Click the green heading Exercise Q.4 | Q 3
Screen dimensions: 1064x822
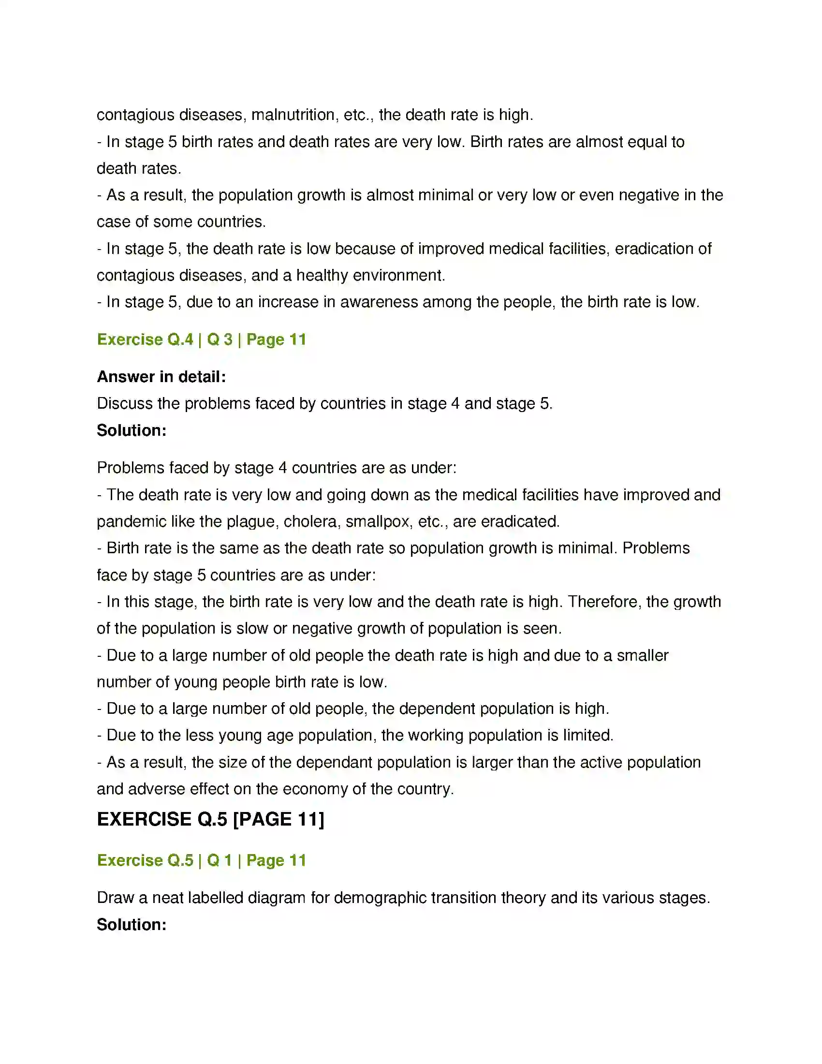(201, 340)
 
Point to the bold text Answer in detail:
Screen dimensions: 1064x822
(161, 377)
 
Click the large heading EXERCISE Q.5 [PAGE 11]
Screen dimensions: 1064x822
(210, 819)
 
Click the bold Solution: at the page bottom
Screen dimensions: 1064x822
(132, 925)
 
